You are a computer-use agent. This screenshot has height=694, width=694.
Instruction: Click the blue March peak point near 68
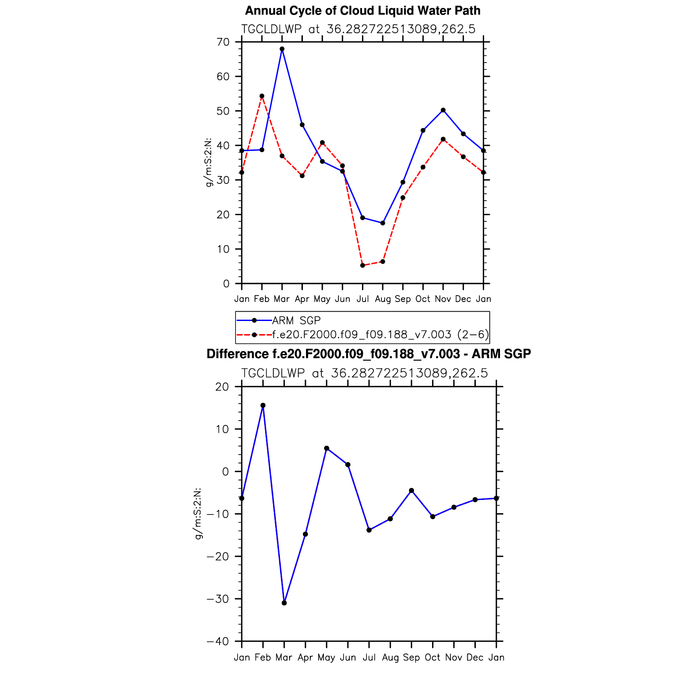pyautogui.click(x=282, y=49)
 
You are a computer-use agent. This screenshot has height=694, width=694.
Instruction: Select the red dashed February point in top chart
pyautogui.click(x=262, y=96)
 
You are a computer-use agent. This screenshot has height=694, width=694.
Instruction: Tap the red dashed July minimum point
pyautogui.click(x=362, y=265)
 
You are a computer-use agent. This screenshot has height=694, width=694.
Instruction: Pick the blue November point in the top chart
pyautogui.click(x=443, y=110)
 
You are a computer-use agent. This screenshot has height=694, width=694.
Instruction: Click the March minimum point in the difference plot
pyautogui.click(x=284, y=603)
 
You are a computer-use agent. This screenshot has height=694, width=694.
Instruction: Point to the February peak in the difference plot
pyautogui.click(x=263, y=405)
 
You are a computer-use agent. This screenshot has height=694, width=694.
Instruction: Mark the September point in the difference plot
pyautogui.click(x=411, y=490)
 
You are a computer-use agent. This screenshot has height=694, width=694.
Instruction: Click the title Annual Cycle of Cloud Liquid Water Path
pyautogui.click(x=362, y=11)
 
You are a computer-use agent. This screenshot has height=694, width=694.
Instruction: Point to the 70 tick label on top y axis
pyautogui.click(x=223, y=42)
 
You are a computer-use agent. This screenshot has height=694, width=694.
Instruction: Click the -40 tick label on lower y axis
pyautogui.click(x=218, y=642)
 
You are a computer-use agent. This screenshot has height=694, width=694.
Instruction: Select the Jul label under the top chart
pyautogui.click(x=362, y=299)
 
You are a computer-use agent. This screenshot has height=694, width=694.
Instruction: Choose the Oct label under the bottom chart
pyautogui.click(x=433, y=657)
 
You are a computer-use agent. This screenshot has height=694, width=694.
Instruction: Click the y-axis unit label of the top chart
pyautogui.click(x=209, y=162)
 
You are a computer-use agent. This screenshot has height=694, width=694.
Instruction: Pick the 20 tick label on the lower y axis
pyautogui.click(x=223, y=387)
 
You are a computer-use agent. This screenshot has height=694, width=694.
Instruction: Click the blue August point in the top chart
pyautogui.click(x=383, y=223)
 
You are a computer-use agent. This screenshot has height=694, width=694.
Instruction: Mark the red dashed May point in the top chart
pyautogui.click(x=322, y=142)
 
